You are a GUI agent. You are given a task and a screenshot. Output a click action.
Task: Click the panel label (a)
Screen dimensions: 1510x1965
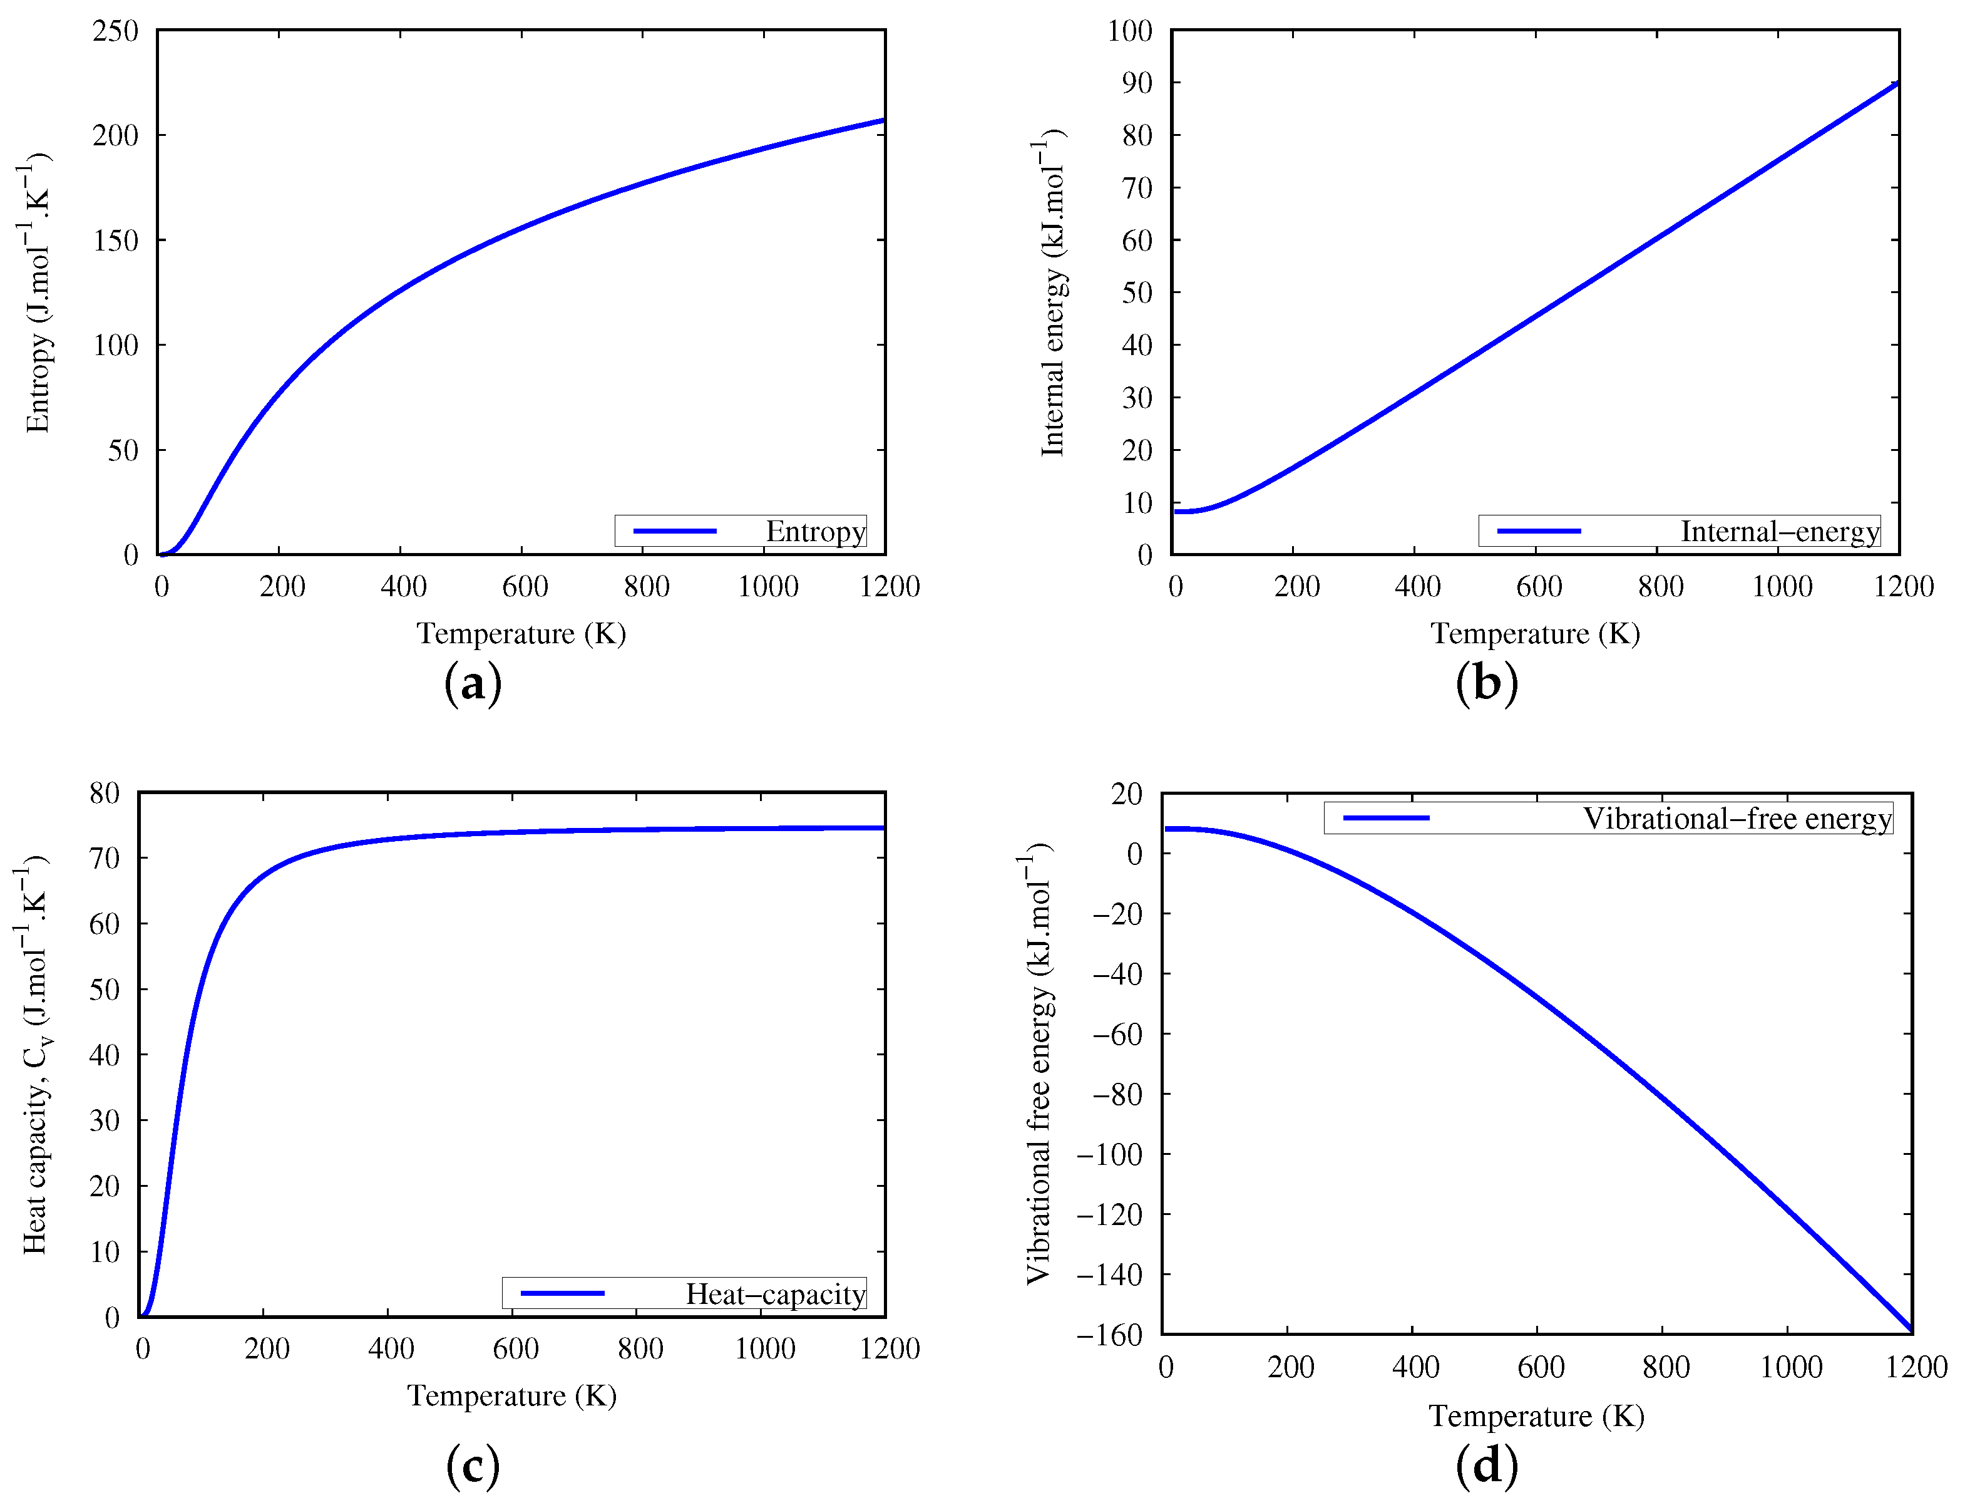click(x=473, y=685)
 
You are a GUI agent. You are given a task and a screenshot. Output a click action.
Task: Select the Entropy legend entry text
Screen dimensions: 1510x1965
click(x=815, y=531)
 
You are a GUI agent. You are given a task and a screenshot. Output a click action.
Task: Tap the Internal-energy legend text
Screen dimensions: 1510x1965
click(x=1779, y=531)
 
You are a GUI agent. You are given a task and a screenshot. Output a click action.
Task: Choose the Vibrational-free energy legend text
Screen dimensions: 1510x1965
click(x=1736, y=819)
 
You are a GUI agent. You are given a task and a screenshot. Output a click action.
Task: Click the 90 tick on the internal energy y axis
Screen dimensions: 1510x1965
click(x=1137, y=83)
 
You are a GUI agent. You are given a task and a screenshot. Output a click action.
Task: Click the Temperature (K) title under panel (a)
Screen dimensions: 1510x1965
click(x=521, y=634)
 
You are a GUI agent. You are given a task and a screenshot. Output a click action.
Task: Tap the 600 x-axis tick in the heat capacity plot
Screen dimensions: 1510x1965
click(x=516, y=1348)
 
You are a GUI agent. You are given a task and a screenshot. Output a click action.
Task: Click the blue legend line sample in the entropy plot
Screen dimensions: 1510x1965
click(x=675, y=531)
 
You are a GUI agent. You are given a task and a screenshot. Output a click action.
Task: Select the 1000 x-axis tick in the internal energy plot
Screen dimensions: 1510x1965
click(x=1782, y=587)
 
